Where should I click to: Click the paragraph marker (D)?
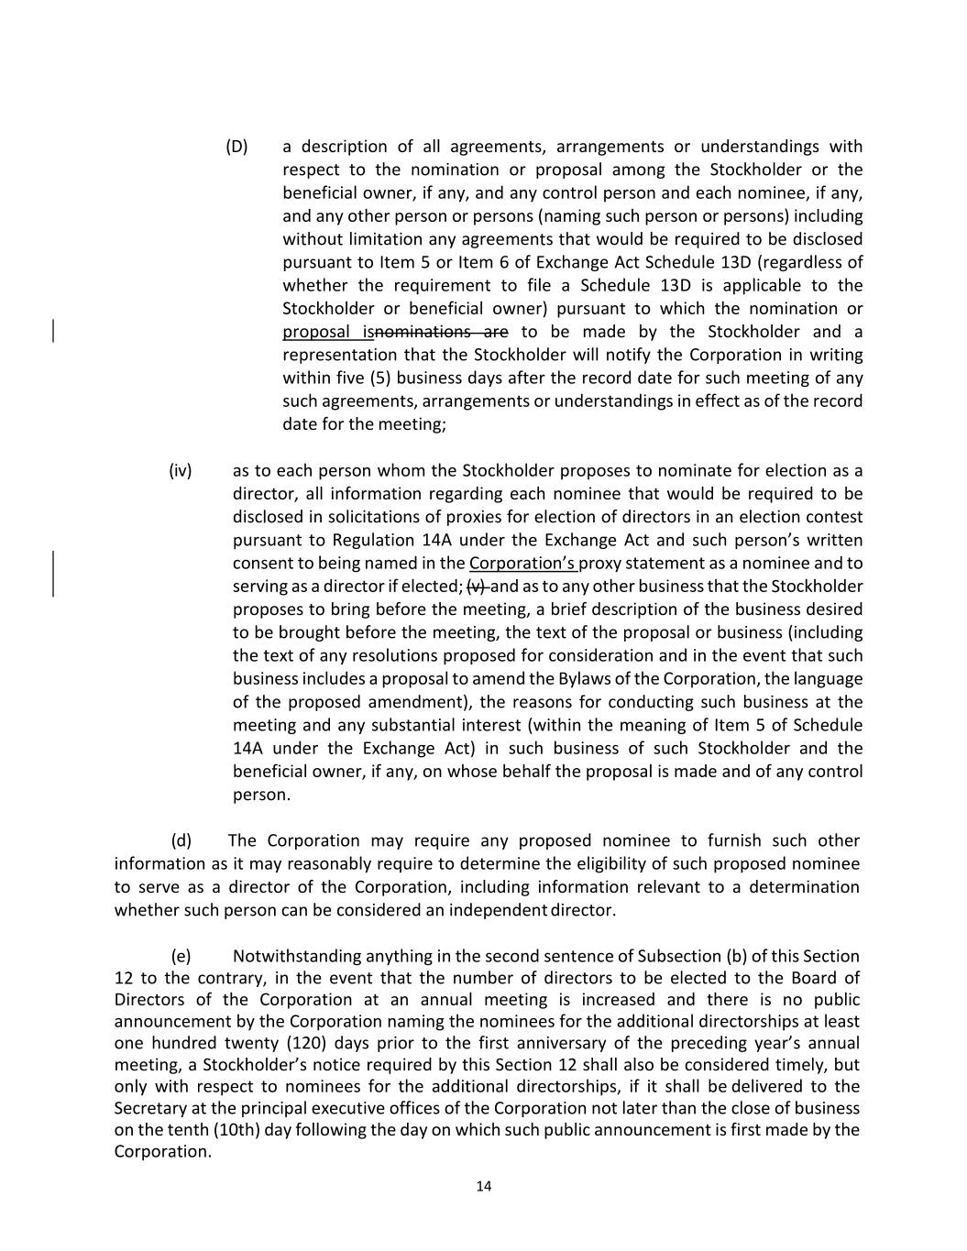[236, 147]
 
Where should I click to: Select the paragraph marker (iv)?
[181, 471]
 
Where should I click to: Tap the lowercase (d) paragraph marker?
[181, 840]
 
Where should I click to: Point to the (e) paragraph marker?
[181, 956]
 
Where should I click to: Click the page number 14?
[484, 1186]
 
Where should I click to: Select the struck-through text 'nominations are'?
[441, 332]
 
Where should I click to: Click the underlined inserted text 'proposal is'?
[327, 332]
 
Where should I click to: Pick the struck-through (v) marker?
[477, 587]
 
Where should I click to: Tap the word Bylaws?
[583, 678]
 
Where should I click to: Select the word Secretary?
[149, 1107]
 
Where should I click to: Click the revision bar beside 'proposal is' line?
[53, 331]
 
